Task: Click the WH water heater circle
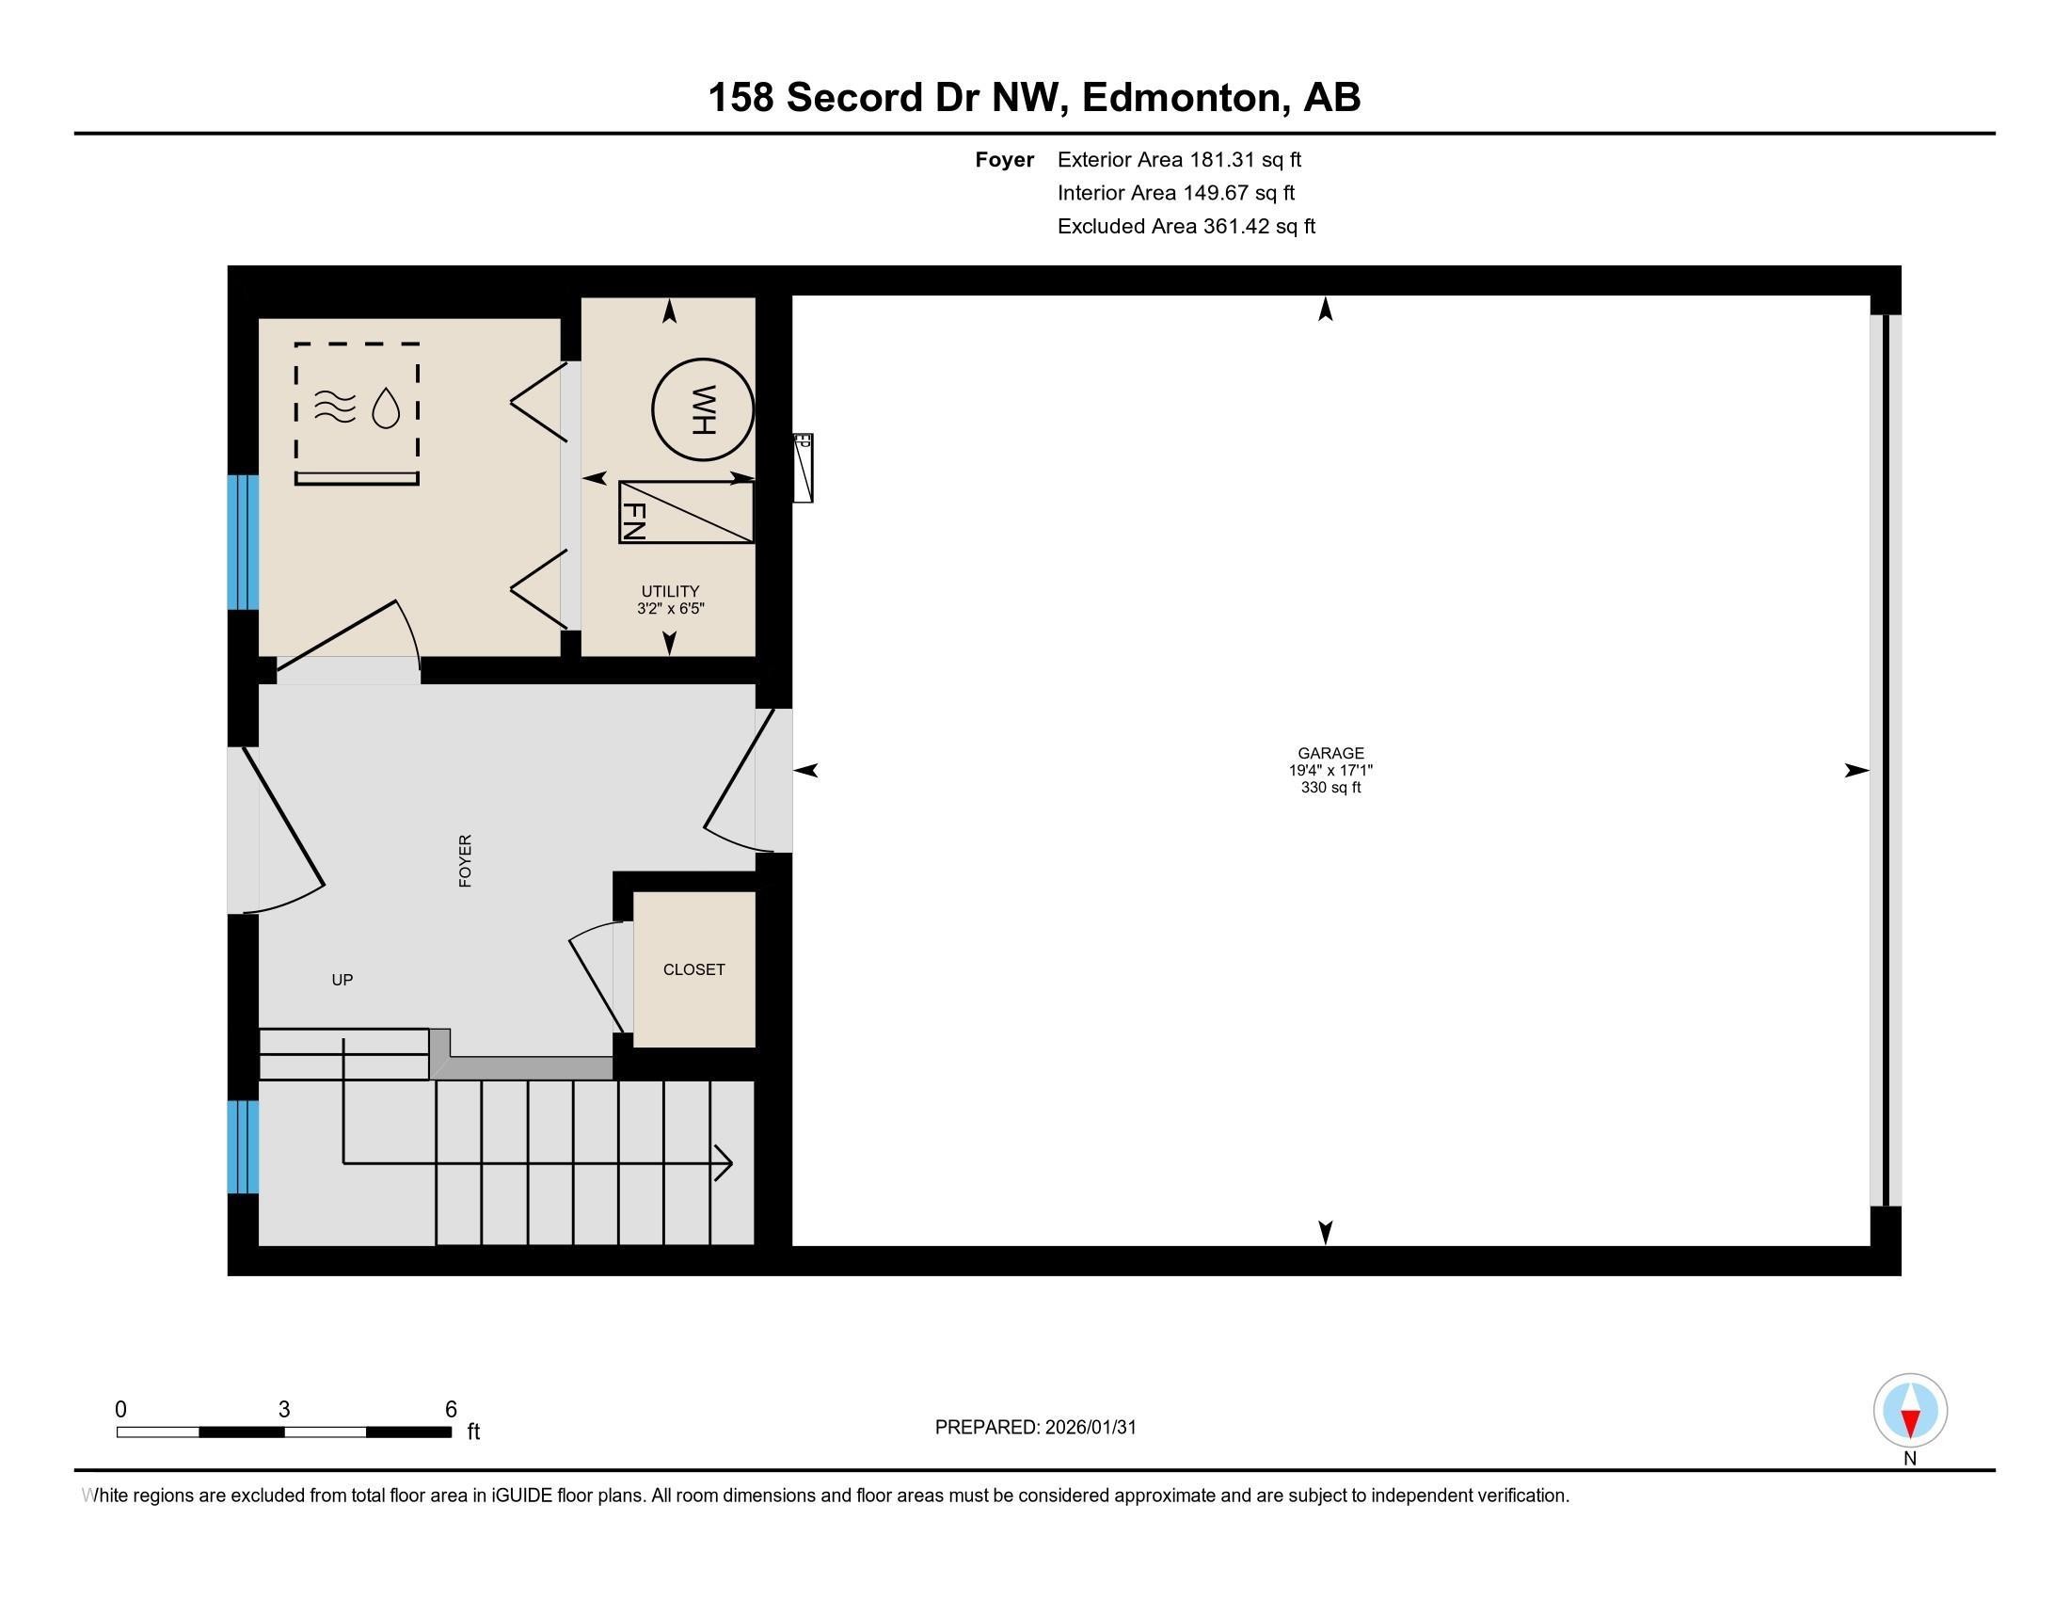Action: pyautogui.click(x=702, y=409)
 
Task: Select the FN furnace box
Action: pyautogui.click(x=685, y=513)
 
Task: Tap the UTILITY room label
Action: pyautogui.click(x=670, y=591)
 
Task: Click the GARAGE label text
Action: pyautogui.click(x=1330, y=754)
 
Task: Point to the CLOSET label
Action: pyautogui.click(x=693, y=969)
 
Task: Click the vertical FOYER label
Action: pyautogui.click(x=466, y=860)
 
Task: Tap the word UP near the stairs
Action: pyautogui.click(x=342, y=980)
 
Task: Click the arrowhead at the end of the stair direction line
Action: pyautogui.click(x=724, y=1162)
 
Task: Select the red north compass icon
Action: pyautogui.click(x=1910, y=1411)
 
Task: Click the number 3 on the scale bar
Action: pyautogui.click(x=283, y=1410)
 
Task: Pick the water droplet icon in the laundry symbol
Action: pyautogui.click(x=386, y=408)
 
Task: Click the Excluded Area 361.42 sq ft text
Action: pyautogui.click(x=1186, y=227)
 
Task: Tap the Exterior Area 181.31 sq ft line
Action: pyautogui.click(x=1179, y=160)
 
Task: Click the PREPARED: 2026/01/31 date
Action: pyautogui.click(x=1035, y=1428)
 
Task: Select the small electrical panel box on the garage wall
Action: pyautogui.click(x=803, y=468)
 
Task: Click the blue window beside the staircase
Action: pyautogui.click(x=243, y=1146)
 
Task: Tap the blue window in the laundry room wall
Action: pyautogui.click(x=243, y=541)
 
